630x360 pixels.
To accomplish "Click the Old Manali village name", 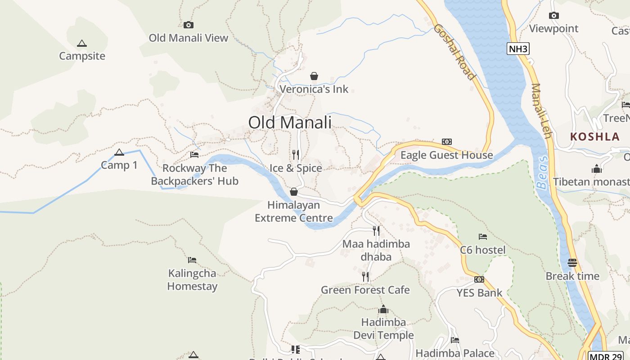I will click(290, 122).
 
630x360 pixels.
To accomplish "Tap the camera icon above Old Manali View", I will click(189, 25).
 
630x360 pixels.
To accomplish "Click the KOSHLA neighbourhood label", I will click(595, 137).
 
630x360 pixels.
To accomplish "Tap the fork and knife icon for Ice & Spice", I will click(296, 155).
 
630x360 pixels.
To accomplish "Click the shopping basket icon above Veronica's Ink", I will click(314, 76).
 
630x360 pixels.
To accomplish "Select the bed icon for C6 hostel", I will click(483, 237).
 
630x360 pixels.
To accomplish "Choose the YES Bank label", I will click(479, 293).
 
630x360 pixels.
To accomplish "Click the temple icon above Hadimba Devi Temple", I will click(383, 309).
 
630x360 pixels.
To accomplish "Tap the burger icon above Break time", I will click(572, 263).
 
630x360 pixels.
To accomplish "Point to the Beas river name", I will click(543, 172).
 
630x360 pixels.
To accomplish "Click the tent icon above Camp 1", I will click(119, 152).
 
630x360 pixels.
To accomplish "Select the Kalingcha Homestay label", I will click(192, 280).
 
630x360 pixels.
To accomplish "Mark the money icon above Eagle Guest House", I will click(446, 142).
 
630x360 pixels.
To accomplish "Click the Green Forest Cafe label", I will click(365, 290).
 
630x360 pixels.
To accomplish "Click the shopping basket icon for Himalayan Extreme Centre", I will click(294, 192).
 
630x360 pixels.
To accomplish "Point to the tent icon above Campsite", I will click(81, 43).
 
